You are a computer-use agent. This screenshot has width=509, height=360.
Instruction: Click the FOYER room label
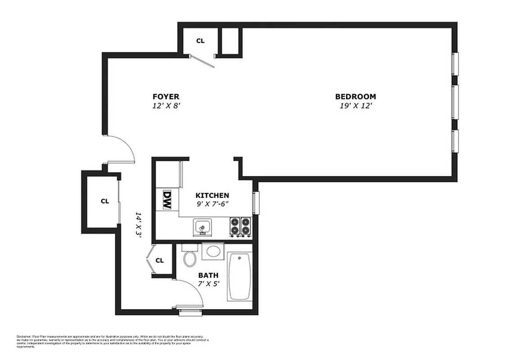(x=166, y=96)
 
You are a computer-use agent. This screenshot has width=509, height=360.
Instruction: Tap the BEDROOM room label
(x=355, y=96)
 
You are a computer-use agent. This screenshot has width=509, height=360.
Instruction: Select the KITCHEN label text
(x=212, y=195)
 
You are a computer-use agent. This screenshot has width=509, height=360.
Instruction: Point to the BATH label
(x=208, y=275)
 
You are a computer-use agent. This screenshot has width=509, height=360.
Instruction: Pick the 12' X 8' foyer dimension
(x=166, y=106)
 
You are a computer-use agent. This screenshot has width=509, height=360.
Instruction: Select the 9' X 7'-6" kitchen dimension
(x=212, y=203)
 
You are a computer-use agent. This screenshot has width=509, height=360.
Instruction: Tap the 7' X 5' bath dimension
(x=208, y=284)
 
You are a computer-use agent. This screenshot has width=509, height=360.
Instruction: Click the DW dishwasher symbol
(x=167, y=199)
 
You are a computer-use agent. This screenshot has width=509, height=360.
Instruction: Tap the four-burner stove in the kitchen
(x=240, y=226)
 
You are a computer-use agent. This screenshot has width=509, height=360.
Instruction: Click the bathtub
(x=240, y=277)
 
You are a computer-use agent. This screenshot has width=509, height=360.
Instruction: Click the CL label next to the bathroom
(x=159, y=261)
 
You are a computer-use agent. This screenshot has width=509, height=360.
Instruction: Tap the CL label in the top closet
(x=200, y=41)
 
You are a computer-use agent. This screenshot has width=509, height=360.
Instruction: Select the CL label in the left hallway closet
(x=104, y=201)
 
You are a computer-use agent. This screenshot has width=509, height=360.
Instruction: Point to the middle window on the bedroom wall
(x=455, y=101)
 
